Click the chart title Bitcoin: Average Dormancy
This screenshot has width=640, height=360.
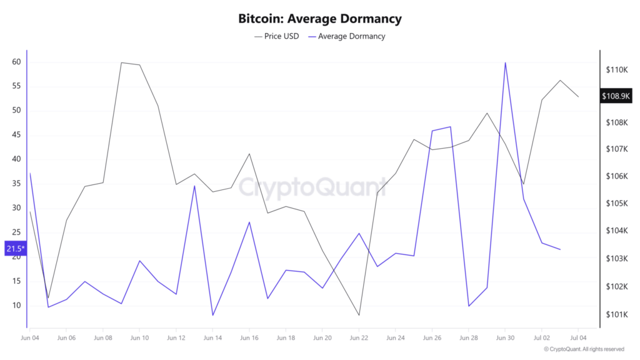click(x=319, y=19)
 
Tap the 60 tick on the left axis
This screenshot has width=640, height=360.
click(x=16, y=62)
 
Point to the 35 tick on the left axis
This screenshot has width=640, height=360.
click(x=16, y=184)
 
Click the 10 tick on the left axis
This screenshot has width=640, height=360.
click(x=16, y=306)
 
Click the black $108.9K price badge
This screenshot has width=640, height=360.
click(x=616, y=96)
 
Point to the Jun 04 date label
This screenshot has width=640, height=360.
click(x=30, y=338)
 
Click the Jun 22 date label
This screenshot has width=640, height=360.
click(x=359, y=338)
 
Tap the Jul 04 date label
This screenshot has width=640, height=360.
click(x=577, y=338)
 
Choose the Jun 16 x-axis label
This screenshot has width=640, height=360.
click(x=249, y=338)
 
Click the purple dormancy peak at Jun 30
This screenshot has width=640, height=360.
click(x=505, y=62)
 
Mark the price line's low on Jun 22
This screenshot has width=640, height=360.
click(x=359, y=315)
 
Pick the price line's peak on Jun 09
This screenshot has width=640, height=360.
click(x=121, y=62)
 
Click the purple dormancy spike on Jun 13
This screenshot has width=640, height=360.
click(x=194, y=186)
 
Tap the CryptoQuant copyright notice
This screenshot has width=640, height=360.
click(x=584, y=349)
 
